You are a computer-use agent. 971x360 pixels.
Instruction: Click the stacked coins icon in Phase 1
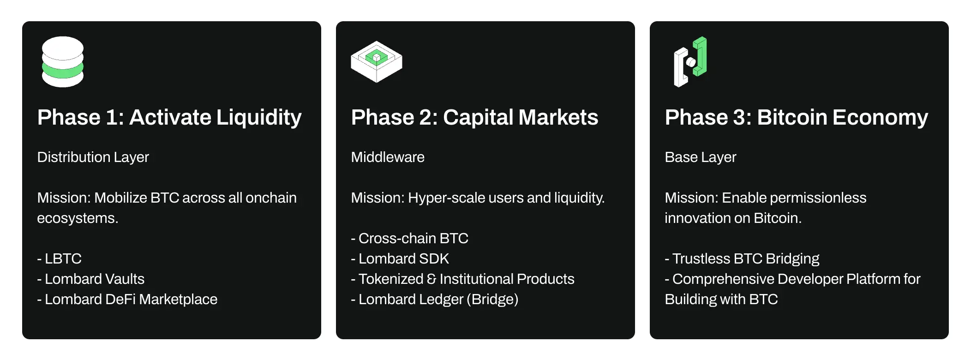click(63, 62)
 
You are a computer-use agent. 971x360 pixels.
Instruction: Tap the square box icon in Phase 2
click(377, 61)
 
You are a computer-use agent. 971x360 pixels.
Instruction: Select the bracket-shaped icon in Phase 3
click(690, 62)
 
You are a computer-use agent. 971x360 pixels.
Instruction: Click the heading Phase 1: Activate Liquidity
click(169, 117)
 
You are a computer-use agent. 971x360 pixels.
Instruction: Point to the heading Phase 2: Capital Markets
click(474, 117)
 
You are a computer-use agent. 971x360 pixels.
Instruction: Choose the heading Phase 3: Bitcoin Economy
click(796, 117)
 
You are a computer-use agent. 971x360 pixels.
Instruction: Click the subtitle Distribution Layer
click(93, 157)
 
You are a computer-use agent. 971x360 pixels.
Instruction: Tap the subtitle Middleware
click(388, 157)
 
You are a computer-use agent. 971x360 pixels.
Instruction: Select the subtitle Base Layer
click(700, 157)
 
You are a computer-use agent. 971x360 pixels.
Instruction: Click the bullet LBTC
click(63, 258)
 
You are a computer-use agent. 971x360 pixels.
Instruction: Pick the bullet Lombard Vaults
click(94, 279)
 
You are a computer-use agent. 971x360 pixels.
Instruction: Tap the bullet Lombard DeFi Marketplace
click(131, 299)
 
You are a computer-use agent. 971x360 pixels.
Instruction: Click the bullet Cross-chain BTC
click(413, 238)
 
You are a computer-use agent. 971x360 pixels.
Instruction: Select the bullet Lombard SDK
click(403, 258)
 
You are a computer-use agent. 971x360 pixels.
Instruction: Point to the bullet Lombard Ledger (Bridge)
click(438, 299)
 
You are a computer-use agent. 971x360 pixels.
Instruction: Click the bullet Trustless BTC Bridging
click(745, 258)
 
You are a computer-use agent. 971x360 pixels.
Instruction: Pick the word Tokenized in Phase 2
click(391, 279)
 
